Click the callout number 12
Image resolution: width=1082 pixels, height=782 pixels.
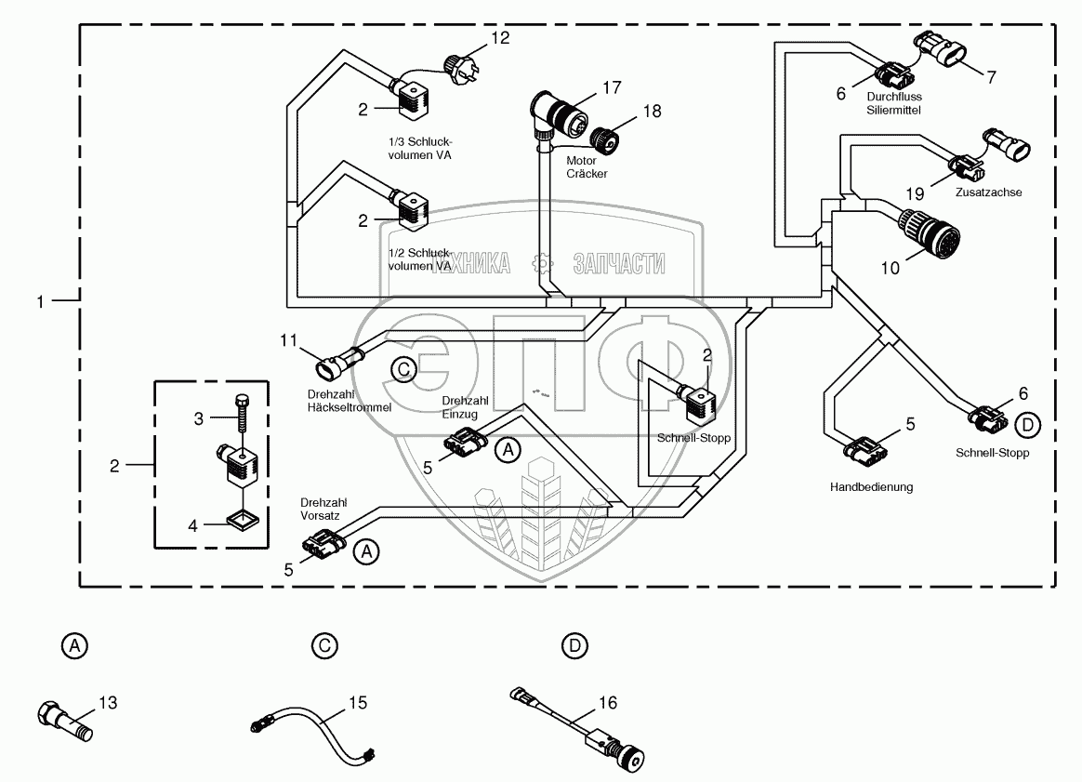[x=500, y=38]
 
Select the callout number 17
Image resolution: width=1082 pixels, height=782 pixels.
[x=611, y=88]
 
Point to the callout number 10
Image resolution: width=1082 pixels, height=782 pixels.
[x=890, y=268]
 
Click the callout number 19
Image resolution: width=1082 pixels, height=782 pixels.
[x=916, y=194]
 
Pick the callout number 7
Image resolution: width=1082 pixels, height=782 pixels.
[x=991, y=77]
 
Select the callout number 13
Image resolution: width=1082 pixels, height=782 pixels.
[x=109, y=703]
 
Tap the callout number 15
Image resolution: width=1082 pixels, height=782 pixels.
[x=359, y=703]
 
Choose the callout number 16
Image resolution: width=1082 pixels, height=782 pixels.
[x=608, y=703]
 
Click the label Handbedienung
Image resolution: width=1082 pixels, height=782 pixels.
[x=871, y=486]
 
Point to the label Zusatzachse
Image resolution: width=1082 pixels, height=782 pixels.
[x=989, y=192]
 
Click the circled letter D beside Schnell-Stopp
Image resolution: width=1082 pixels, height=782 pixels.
[x=1027, y=425]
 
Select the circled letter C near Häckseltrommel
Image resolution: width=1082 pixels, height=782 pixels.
[x=402, y=369]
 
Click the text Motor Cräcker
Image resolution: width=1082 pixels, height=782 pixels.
[x=587, y=166]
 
